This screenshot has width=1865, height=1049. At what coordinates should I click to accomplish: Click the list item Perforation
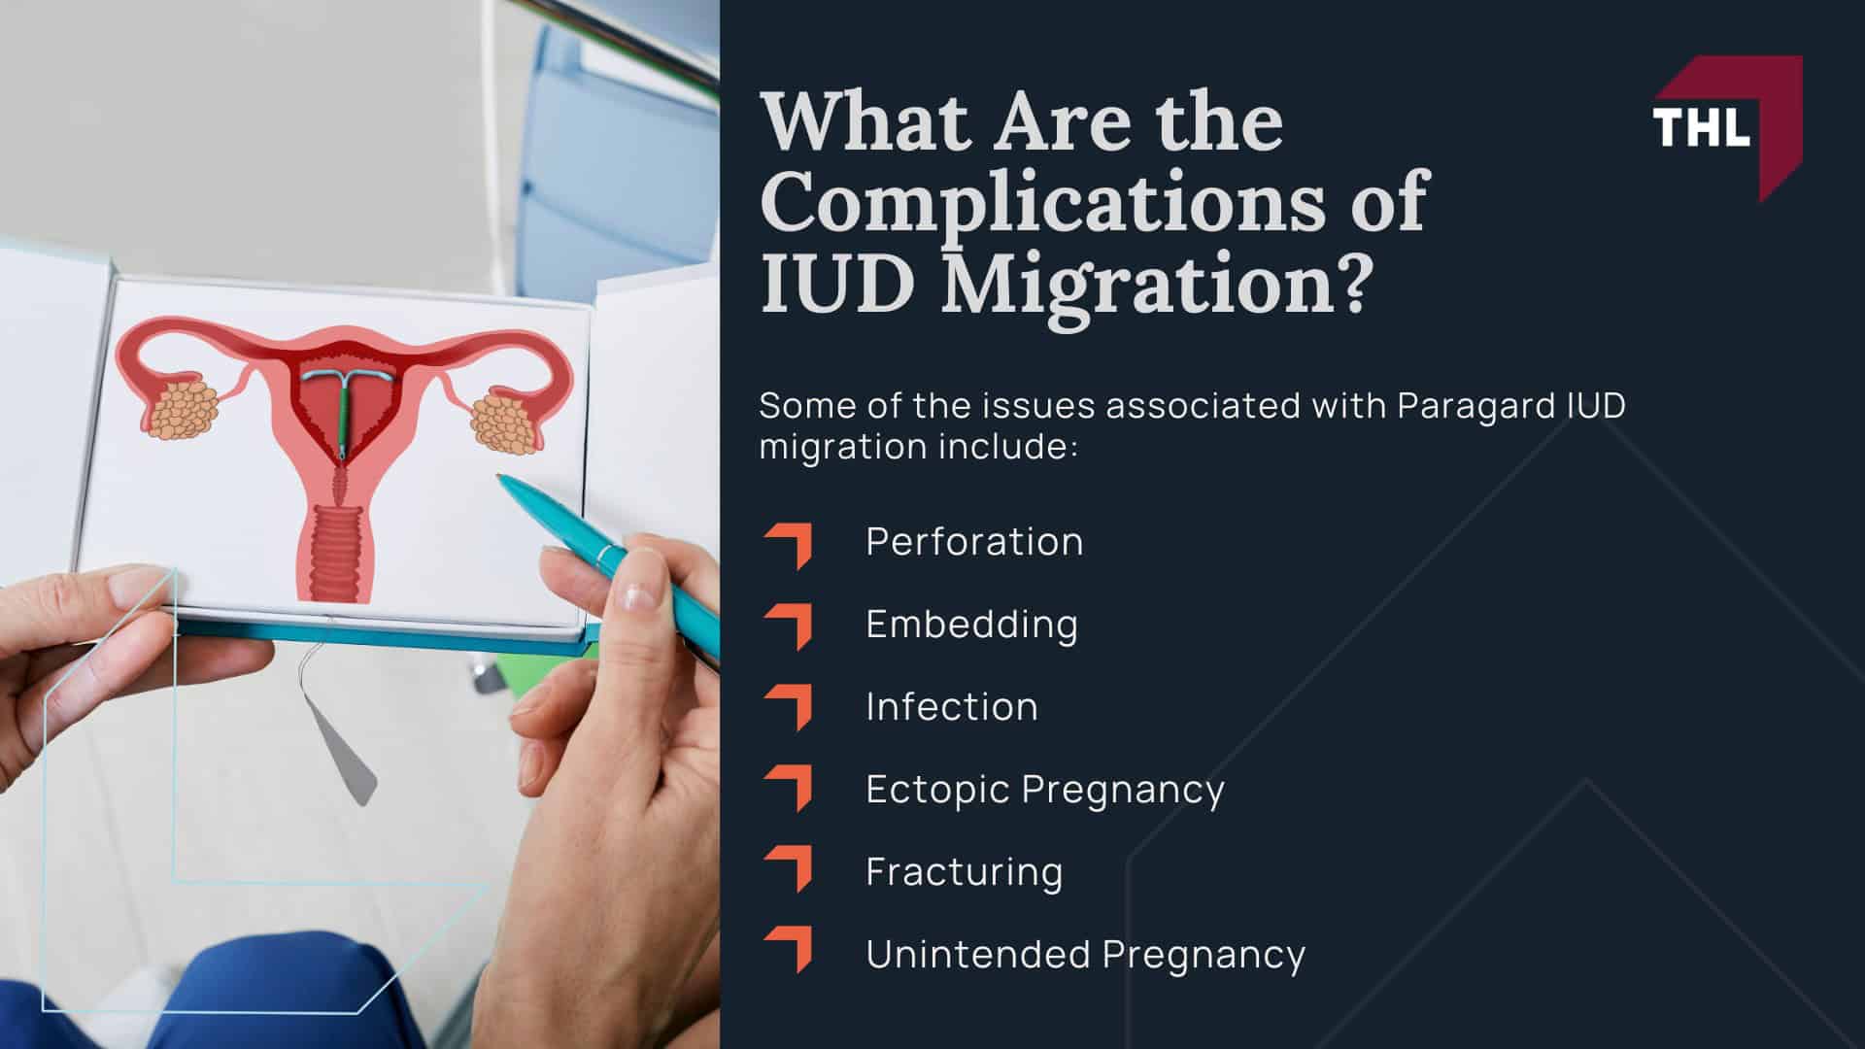point(974,542)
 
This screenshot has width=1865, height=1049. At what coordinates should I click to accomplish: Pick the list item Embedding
point(971,625)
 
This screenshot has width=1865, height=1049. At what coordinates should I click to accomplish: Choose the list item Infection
point(952,707)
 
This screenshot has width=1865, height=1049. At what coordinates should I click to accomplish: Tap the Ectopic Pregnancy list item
point(1045,790)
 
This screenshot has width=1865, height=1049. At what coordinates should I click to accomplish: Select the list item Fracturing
point(964,872)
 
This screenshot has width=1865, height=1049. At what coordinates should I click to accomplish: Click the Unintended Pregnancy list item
point(1085,955)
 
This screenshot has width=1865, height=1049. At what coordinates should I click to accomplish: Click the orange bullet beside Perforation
point(790,545)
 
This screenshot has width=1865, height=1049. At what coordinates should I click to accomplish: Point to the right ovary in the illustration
point(504,420)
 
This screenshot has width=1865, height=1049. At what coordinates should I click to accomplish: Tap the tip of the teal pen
point(499,477)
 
